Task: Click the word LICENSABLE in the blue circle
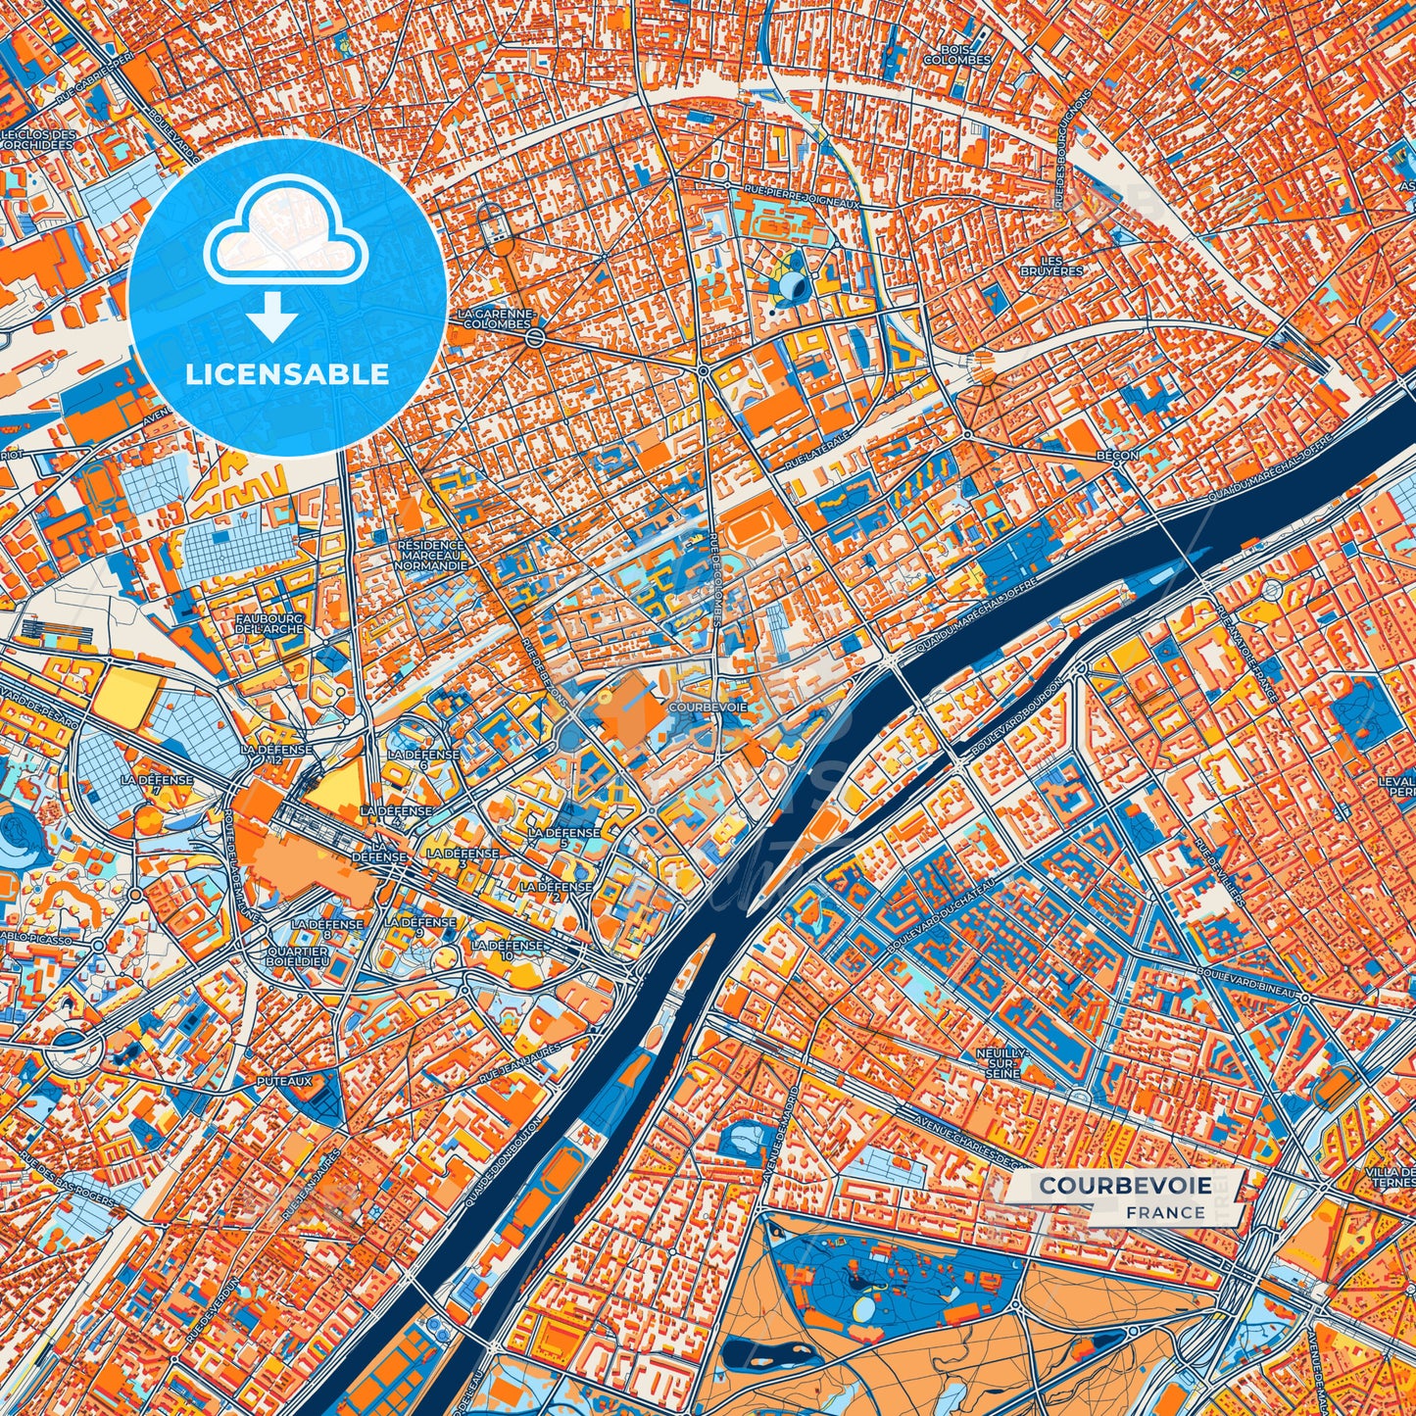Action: (x=287, y=374)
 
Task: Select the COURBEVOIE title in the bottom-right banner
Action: (x=1124, y=1186)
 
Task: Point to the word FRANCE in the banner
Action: (x=1165, y=1213)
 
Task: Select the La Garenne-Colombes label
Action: (x=496, y=318)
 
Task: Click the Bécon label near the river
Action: (x=1118, y=456)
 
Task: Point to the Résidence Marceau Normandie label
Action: (x=431, y=556)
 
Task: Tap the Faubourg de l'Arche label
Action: (x=269, y=623)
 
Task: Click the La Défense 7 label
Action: (x=157, y=786)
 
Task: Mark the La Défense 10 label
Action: (x=507, y=950)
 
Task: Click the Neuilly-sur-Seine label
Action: (x=1000, y=1062)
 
